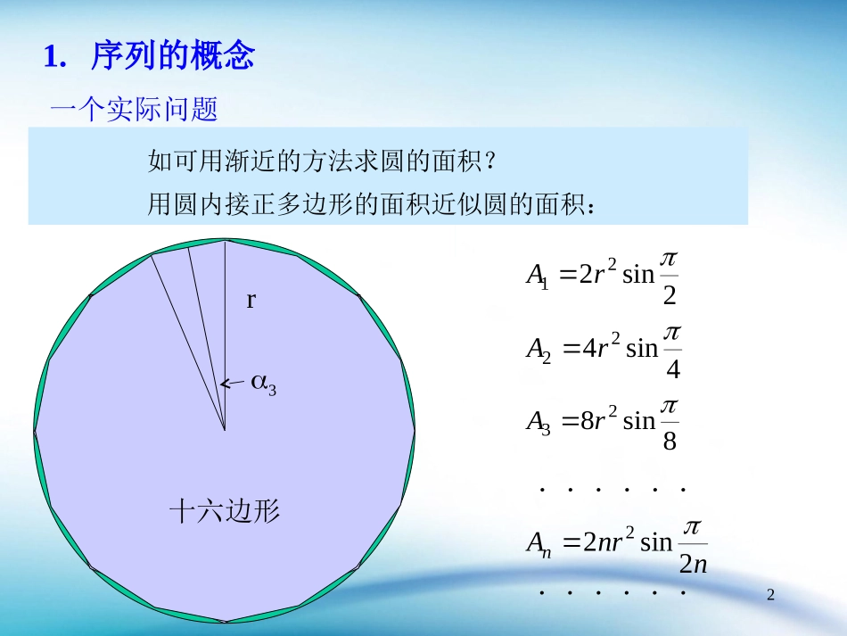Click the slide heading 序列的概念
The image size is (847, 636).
(173, 57)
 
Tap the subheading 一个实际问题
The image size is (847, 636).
(134, 111)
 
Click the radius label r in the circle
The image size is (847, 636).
(251, 301)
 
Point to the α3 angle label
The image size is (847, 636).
(263, 384)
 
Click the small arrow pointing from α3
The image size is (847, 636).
(232, 384)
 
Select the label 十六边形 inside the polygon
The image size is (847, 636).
(225, 511)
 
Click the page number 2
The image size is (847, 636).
(772, 593)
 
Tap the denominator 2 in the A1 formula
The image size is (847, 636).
(670, 295)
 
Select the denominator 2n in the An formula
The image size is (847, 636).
(693, 564)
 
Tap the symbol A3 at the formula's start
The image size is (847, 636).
(539, 422)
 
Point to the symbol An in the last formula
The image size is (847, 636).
(539, 542)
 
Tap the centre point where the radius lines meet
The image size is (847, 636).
(225, 429)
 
